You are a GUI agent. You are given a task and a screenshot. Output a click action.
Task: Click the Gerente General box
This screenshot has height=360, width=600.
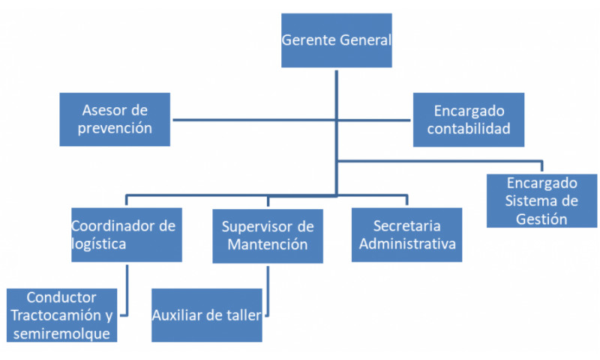pos(336,40)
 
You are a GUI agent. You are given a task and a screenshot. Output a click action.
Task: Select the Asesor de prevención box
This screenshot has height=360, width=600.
pos(115,119)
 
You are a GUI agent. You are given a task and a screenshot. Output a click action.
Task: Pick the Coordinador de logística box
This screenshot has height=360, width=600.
pos(127,235)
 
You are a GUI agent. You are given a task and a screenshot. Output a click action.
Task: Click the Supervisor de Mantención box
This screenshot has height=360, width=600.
pos(268,235)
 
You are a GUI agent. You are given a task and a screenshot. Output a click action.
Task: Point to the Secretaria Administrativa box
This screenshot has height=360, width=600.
pos(406,235)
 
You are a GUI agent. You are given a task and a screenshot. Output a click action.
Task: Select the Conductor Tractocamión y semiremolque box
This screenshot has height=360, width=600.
pos(61,315)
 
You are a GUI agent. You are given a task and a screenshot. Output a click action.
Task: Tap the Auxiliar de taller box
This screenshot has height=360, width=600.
pos(207,315)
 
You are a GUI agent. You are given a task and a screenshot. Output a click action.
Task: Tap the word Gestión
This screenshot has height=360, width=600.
pos(541,218)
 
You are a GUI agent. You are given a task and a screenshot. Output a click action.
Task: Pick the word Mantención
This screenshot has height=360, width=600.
pos(268,244)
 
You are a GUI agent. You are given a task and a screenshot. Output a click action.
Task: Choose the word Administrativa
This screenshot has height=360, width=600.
pos(407,244)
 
